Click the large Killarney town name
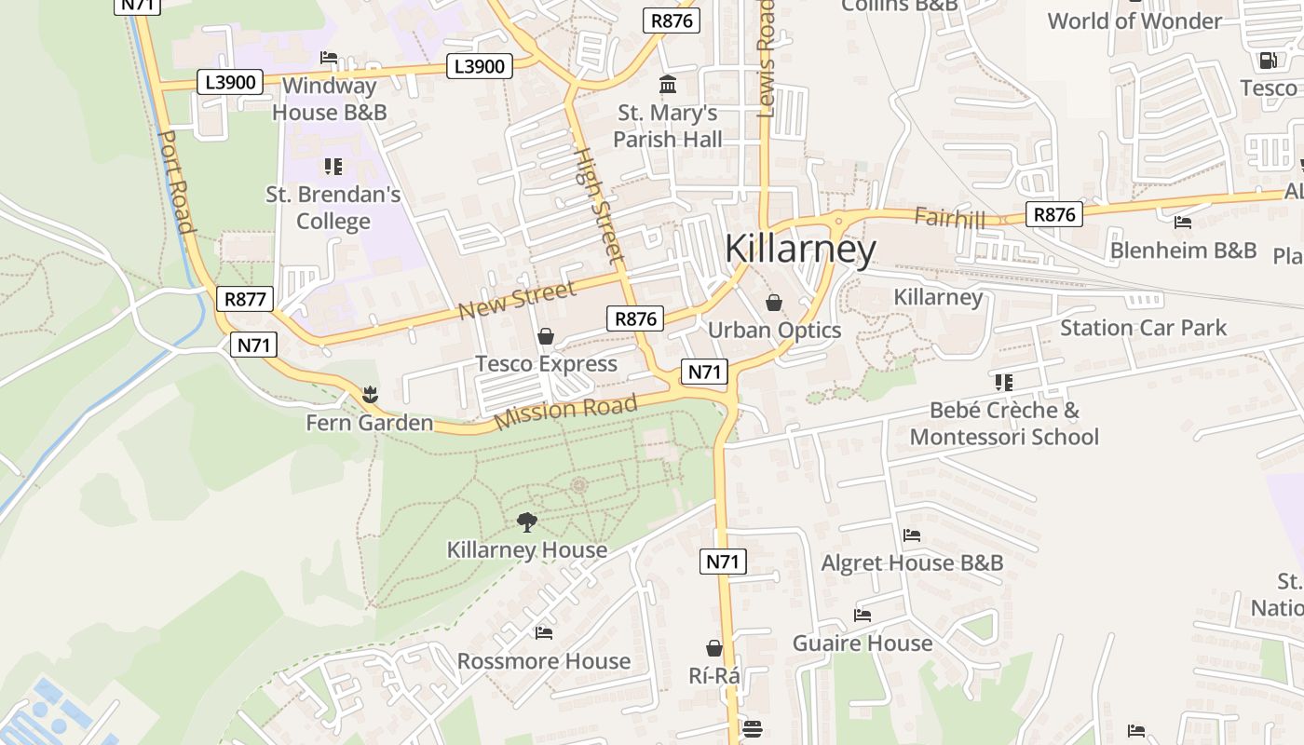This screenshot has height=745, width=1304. (800, 250)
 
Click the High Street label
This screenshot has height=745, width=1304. (597, 204)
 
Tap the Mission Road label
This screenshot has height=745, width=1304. (565, 412)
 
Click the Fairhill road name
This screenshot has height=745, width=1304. (949, 217)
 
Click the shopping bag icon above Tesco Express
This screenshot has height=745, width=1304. (546, 336)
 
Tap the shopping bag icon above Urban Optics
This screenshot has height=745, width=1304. (773, 303)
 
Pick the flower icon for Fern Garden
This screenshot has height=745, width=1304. (370, 395)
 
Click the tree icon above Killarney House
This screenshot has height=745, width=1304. (527, 521)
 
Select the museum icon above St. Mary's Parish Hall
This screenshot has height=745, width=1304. (668, 85)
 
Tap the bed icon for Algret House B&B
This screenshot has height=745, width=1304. (912, 535)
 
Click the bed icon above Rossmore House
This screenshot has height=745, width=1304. (544, 633)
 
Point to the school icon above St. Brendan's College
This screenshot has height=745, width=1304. (333, 167)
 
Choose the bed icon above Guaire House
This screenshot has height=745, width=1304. (863, 616)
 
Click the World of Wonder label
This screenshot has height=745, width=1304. (1134, 20)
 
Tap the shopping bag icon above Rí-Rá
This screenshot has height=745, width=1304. (714, 648)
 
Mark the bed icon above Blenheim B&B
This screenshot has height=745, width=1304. (1183, 223)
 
